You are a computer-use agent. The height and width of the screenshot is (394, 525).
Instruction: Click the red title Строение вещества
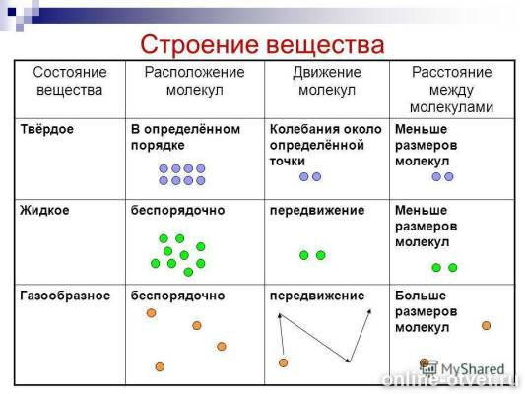[261, 45]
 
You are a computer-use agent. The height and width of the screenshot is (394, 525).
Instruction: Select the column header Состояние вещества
[68, 82]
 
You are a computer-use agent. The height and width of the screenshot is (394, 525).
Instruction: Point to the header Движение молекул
[326, 82]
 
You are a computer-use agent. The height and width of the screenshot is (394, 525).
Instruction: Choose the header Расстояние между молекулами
[452, 90]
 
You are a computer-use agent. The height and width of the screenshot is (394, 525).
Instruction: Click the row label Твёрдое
[47, 129]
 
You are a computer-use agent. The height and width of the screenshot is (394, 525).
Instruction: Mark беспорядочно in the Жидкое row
[178, 210]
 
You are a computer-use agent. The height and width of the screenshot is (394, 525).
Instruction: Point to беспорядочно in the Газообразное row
[178, 295]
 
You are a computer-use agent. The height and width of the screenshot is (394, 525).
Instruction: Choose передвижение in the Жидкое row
[317, 210]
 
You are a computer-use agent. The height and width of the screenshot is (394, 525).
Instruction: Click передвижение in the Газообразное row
[317, 295]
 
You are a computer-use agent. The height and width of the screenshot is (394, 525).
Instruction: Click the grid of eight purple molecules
[181, 174]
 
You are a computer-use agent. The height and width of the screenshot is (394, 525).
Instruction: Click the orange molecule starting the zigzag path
[283, 362]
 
